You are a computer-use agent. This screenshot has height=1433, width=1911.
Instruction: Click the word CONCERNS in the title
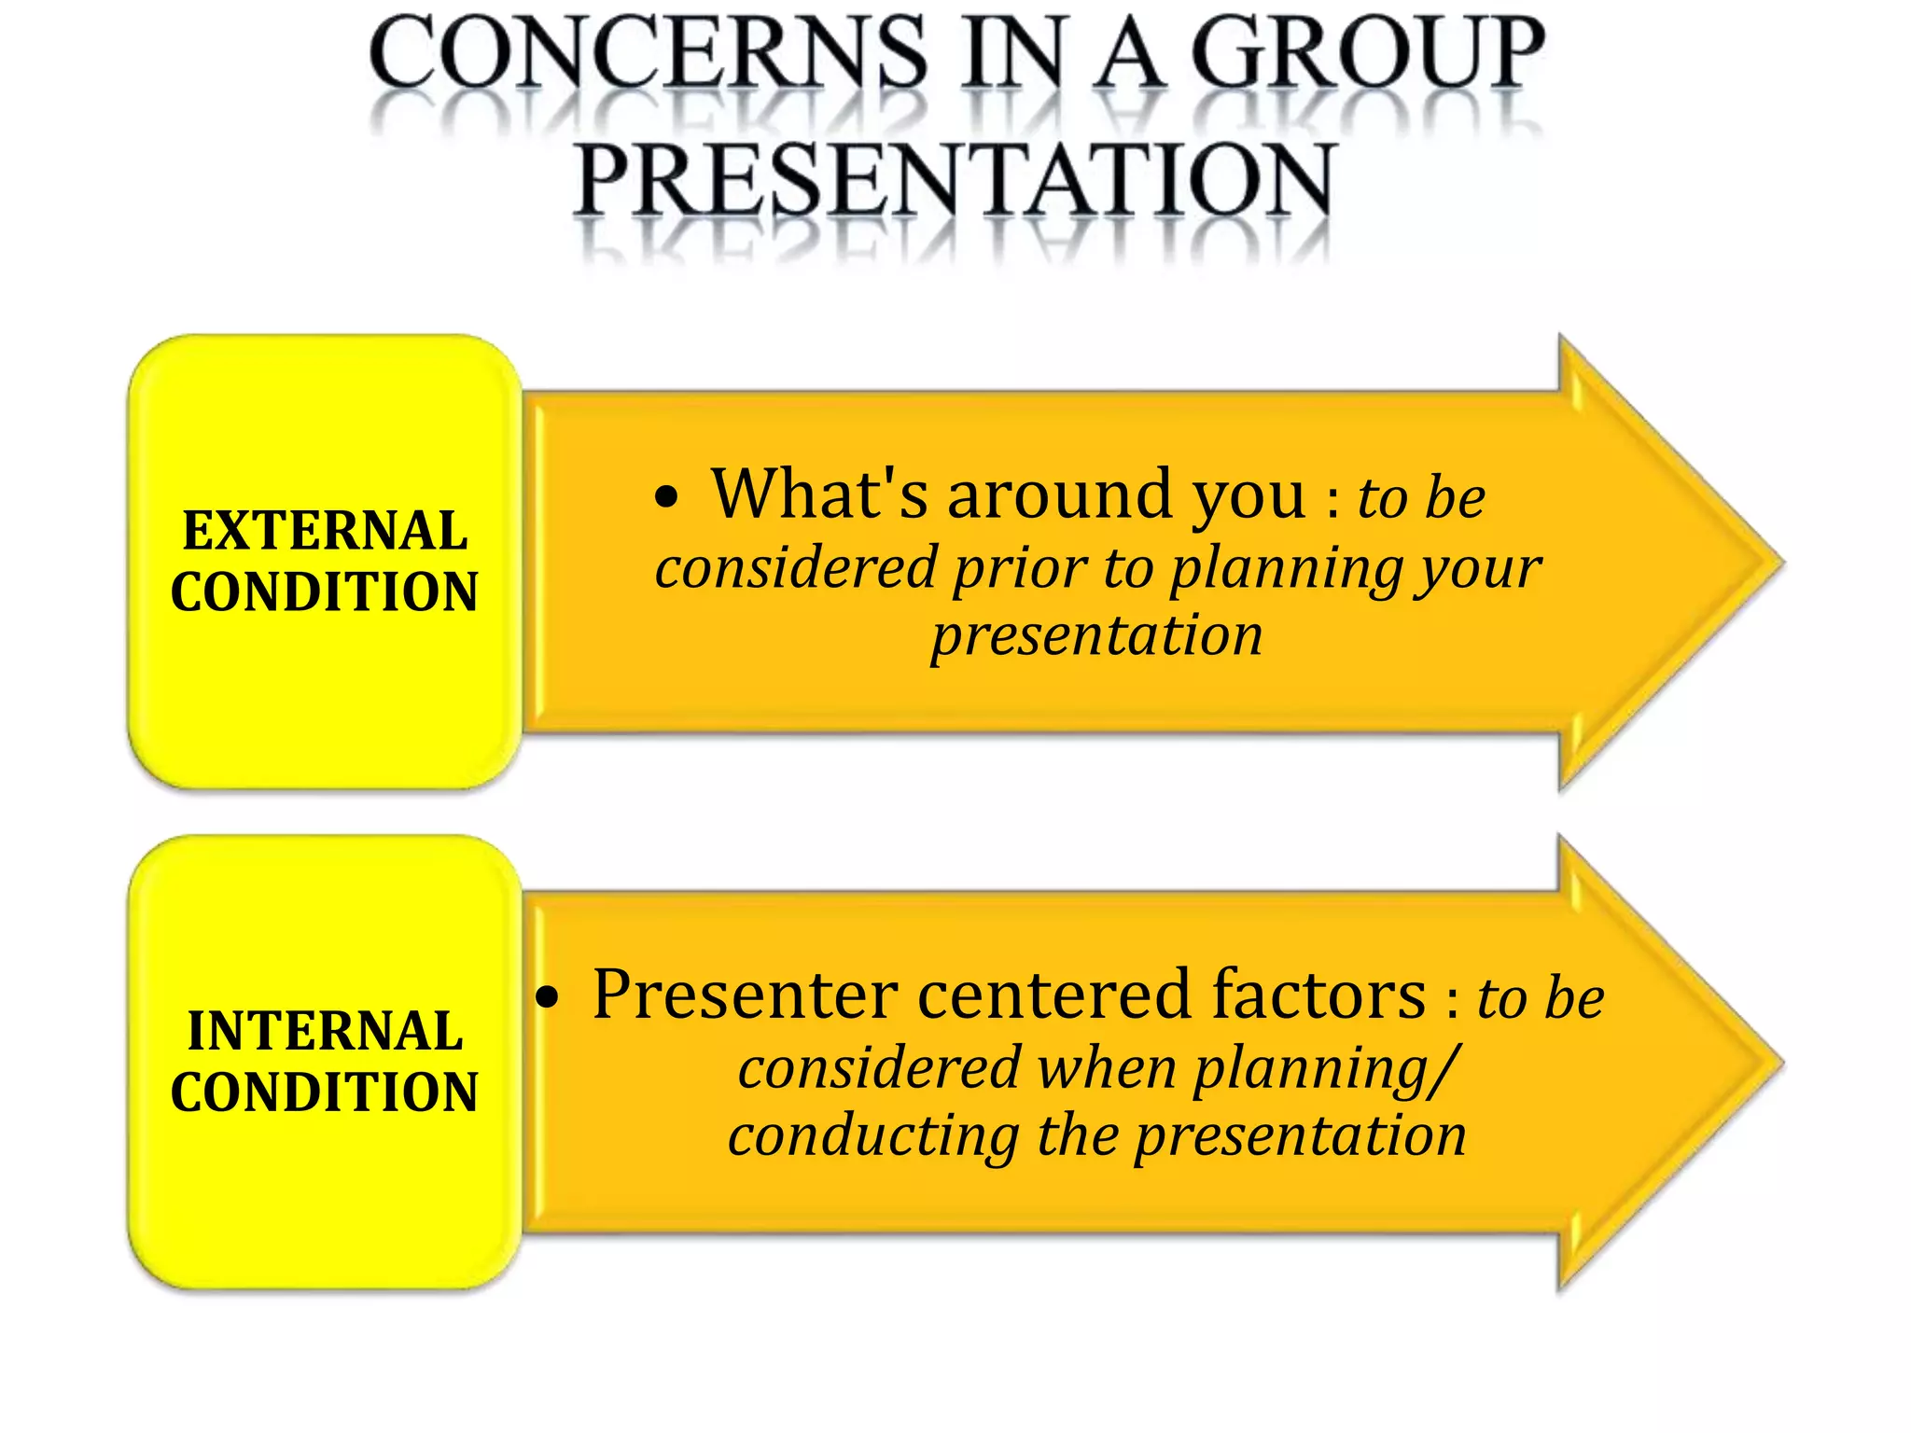(x=648, y=53)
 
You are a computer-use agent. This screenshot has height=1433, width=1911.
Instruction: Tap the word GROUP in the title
(x=1367, y=53)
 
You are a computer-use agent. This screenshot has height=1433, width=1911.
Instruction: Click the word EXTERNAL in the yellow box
(x=325, y=531)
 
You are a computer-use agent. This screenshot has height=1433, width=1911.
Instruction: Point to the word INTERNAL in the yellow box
(x=325, y=1031)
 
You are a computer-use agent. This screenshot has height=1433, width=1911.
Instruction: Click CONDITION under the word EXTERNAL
(x=325, y=592)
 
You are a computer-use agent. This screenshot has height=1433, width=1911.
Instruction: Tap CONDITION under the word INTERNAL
(x=325, y=1092)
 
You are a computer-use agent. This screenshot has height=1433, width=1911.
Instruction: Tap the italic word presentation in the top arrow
(x=1096, y=636)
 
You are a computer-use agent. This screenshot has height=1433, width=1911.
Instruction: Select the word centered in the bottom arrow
(x=1054, y=995)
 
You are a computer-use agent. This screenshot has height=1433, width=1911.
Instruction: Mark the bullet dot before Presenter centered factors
(x=548, y=998)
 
